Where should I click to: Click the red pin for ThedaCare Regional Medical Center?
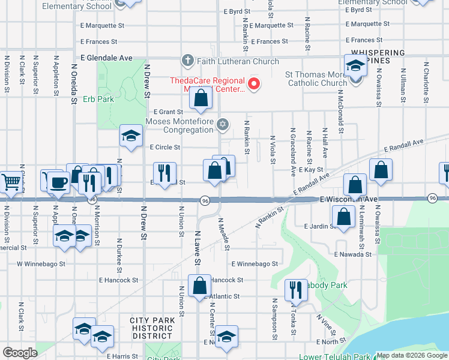pos(255,84)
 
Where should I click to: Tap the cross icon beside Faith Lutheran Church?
pos(187,61)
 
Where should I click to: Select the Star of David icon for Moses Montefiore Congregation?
pos(223,125)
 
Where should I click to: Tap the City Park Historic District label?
pos(152,328)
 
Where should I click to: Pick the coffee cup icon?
pos(58,182)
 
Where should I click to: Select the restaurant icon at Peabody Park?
pos(295,290)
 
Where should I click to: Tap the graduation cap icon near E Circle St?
pos(130,136)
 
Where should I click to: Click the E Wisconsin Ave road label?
pos(348,199)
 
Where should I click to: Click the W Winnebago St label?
pos(40,263)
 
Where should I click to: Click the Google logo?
pos(20,353)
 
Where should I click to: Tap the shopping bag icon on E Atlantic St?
pos(199,286)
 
